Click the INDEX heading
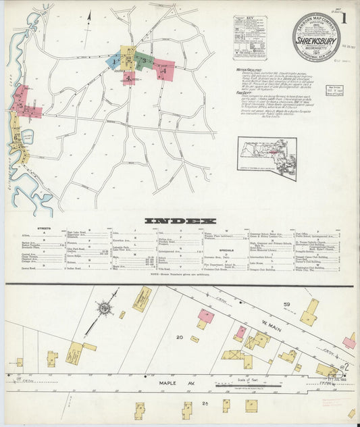(x=180, y=221)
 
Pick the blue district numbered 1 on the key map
(x=114, y=61)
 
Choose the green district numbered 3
(x=144, y=60)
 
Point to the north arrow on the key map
(x=88, y=15)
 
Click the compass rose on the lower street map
(x=105, y=309)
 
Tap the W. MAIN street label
(x=269, y=331)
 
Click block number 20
(x=180, y=337)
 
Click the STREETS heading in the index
(x=45, y=230)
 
